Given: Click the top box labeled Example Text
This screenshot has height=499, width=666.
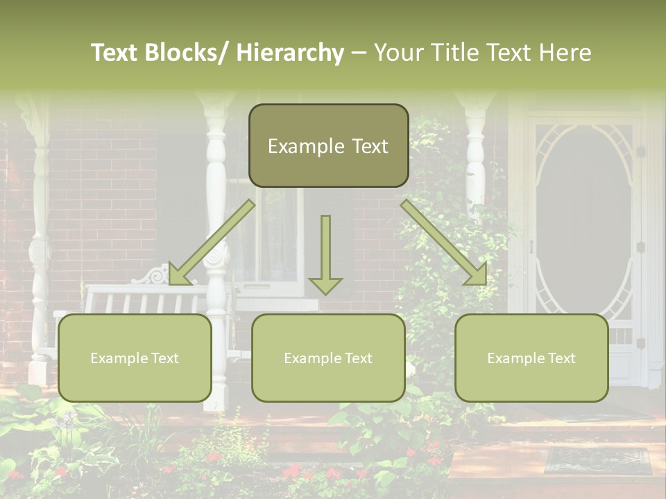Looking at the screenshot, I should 328,146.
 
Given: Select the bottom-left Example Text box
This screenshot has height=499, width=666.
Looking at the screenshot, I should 135,358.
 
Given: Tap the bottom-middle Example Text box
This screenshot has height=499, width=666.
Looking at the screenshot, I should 328,358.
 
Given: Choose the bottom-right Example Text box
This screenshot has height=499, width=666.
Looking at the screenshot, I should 531,358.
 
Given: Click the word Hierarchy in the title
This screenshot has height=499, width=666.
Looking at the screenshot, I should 290,53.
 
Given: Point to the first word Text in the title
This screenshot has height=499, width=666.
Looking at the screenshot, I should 114,53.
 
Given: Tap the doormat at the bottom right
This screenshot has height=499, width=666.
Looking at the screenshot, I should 598,460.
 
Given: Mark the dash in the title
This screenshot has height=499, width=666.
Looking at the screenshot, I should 359,53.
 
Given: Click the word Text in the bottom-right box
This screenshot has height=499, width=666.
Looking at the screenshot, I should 561,358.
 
